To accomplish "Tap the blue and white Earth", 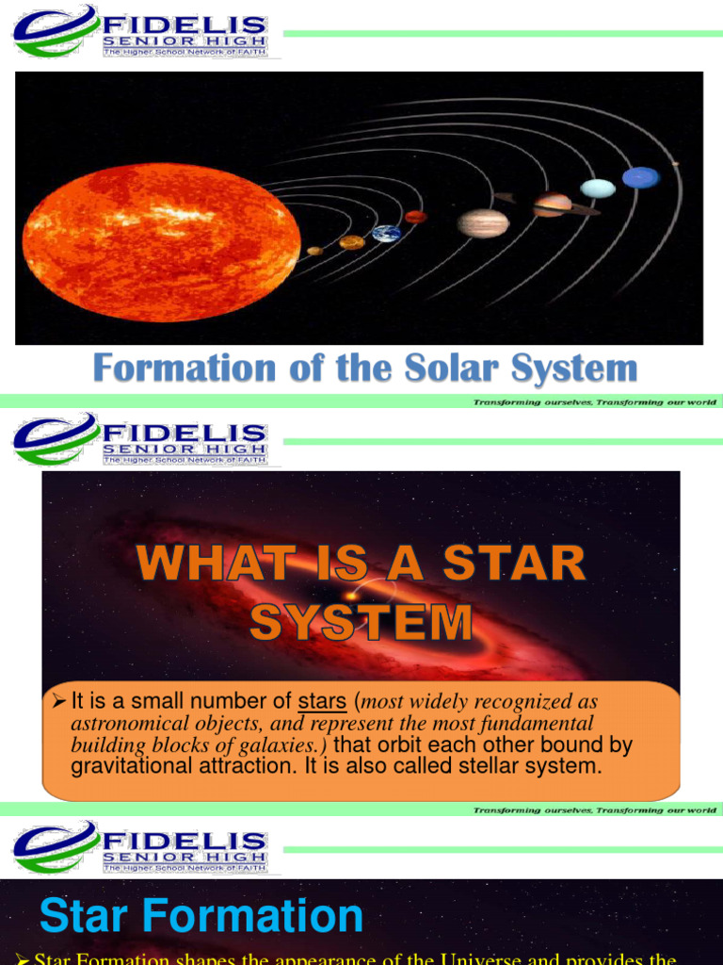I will pyautogui.click(x=386, y=234).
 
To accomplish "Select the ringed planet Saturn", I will pyautogui.click(x=553, y=204).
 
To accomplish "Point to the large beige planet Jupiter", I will pyautogui.click(x=483, y=223).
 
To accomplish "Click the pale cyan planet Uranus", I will pyautogui.click(x=598, y=188).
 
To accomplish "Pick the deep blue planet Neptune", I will pyautogui.click(x=640, y=177).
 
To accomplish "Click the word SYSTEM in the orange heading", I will pyautogui.click(x=361, y=622).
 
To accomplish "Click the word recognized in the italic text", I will pyautogui.click(x=546, y=702).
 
